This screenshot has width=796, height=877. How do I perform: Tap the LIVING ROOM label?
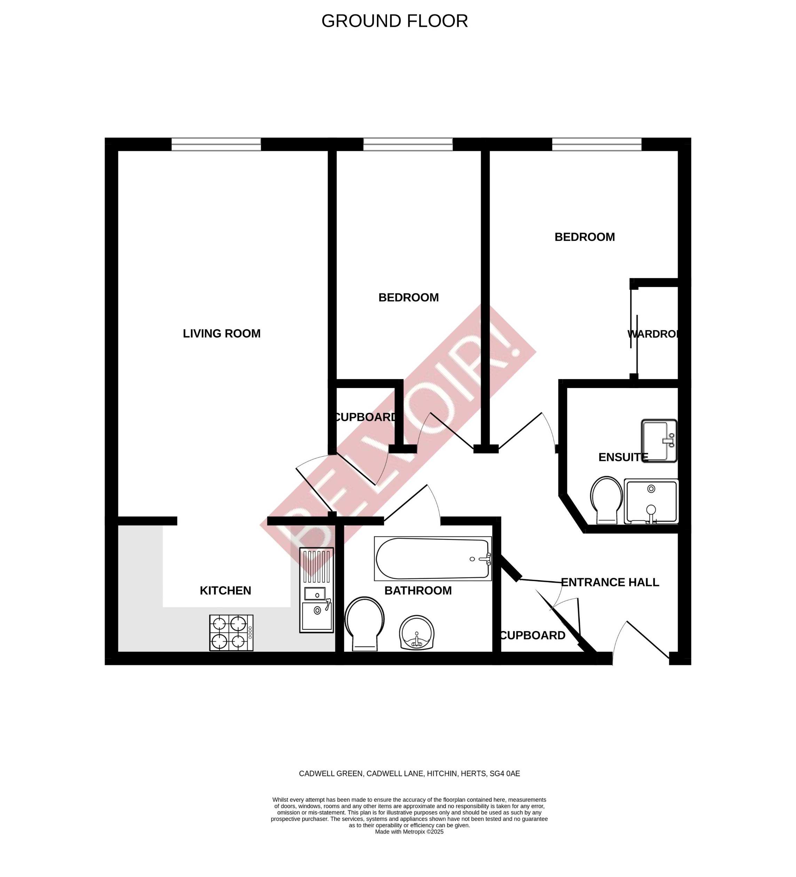(221, 334)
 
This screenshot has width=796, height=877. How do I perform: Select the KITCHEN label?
(225, 591)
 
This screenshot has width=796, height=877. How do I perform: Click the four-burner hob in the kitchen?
(231, 633)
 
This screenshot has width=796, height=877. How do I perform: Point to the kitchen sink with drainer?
(316, 590)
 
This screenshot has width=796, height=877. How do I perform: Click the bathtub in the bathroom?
(432, 559)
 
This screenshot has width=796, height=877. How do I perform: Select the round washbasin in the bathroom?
(416, 633)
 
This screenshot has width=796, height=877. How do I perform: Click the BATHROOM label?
(418, 591)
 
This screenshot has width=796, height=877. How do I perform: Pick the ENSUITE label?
(623, 457)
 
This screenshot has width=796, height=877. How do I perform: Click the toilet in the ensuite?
(606, 500)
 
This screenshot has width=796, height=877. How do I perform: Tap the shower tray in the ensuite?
(651, 501)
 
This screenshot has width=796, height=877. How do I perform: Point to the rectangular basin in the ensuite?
(659, 441)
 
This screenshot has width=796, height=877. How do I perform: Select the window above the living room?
(216, 144)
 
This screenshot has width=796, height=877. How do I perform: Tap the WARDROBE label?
(653, 334)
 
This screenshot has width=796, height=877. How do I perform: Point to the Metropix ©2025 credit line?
(409, 832)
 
